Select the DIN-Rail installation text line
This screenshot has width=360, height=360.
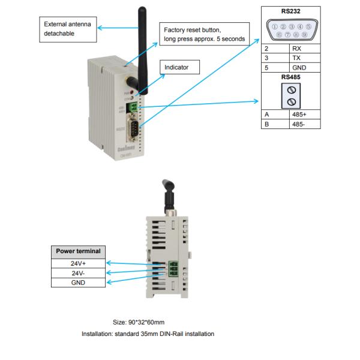(148, 334)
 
